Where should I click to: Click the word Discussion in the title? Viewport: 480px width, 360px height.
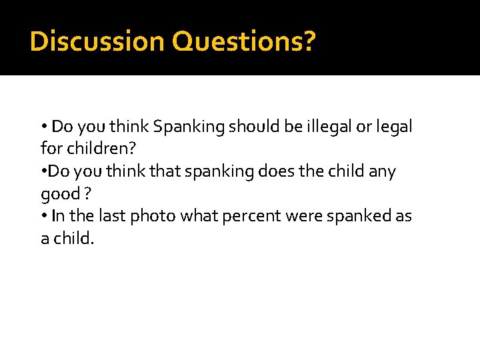97,41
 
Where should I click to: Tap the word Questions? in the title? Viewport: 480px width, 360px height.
243,41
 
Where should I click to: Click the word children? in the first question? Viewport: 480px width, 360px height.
97,148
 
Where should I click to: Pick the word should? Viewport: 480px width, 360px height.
250,126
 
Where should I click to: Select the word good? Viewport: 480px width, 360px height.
59,193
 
